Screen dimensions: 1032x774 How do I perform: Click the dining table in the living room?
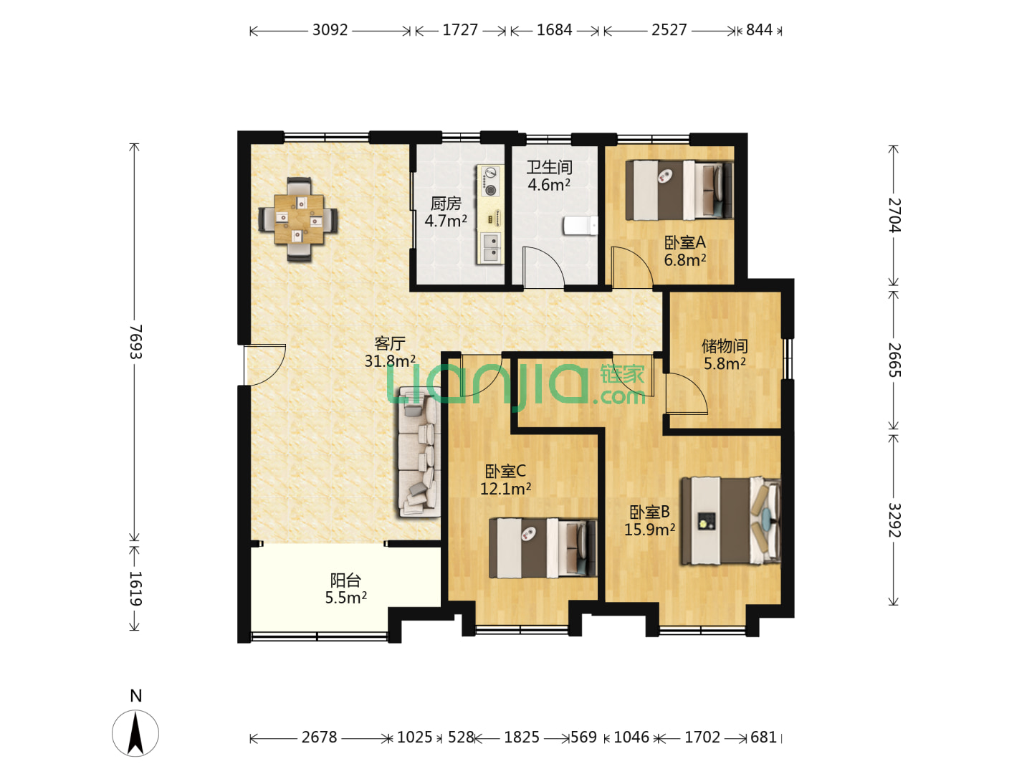(x=299, y=219)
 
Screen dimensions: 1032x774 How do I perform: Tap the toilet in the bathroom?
(x=580, y=225)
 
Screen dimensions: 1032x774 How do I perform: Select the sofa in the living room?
(x=419, y=451)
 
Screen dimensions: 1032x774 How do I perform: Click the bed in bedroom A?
(x=679, y=191)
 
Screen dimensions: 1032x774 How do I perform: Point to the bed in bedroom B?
(x=730, y=520)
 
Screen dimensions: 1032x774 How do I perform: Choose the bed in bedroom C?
(x=543, y=548)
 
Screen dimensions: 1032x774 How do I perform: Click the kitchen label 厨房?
(x=446, y=203)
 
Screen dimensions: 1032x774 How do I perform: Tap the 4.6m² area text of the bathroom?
(x=549, y=185)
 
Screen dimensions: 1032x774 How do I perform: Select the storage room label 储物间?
(x=725, y=346)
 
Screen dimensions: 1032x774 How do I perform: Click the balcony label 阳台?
(x=345, y=580)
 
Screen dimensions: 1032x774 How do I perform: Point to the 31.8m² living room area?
(x=390, y=361)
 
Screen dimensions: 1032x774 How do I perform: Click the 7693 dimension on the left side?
(x=135, y=342)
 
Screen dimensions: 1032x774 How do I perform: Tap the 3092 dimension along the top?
(x=330, y=30)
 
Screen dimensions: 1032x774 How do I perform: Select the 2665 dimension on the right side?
(x=894, y=360)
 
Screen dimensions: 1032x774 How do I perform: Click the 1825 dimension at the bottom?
(x=522, y=737)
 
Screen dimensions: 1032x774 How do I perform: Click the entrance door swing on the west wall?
(x=264, y=365)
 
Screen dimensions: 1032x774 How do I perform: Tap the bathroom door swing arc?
(x=543, y=267)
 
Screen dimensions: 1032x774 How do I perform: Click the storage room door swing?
(x=687, y=394)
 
